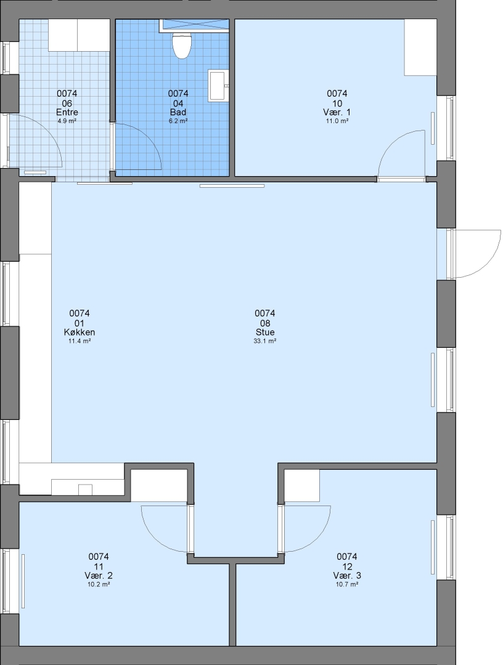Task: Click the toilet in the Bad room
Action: point(182,46)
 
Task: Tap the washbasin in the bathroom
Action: point(218,86)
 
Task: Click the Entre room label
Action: point(67,113)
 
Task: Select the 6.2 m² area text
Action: point(178,121)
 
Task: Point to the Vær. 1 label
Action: point(337,113)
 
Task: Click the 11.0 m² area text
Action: point(337,121)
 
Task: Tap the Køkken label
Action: point(80,332)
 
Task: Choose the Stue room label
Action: point(265,332)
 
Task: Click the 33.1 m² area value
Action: point(265,341)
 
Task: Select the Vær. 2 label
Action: point(99,576)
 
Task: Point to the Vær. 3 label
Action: point(347,576)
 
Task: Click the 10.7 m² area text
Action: point(347,584)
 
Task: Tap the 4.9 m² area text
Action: point(67,121)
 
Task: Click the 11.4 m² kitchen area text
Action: point(80,341)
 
